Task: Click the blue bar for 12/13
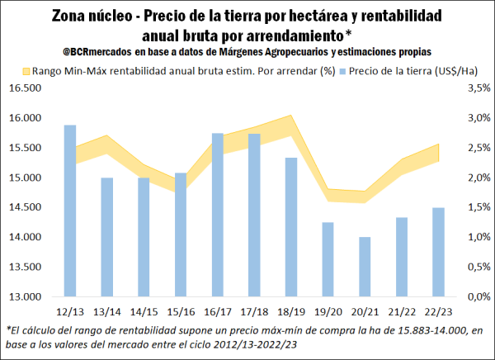click(70, 211)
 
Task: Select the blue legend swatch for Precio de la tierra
click(352, 71)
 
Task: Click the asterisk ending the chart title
click(349, 33)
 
